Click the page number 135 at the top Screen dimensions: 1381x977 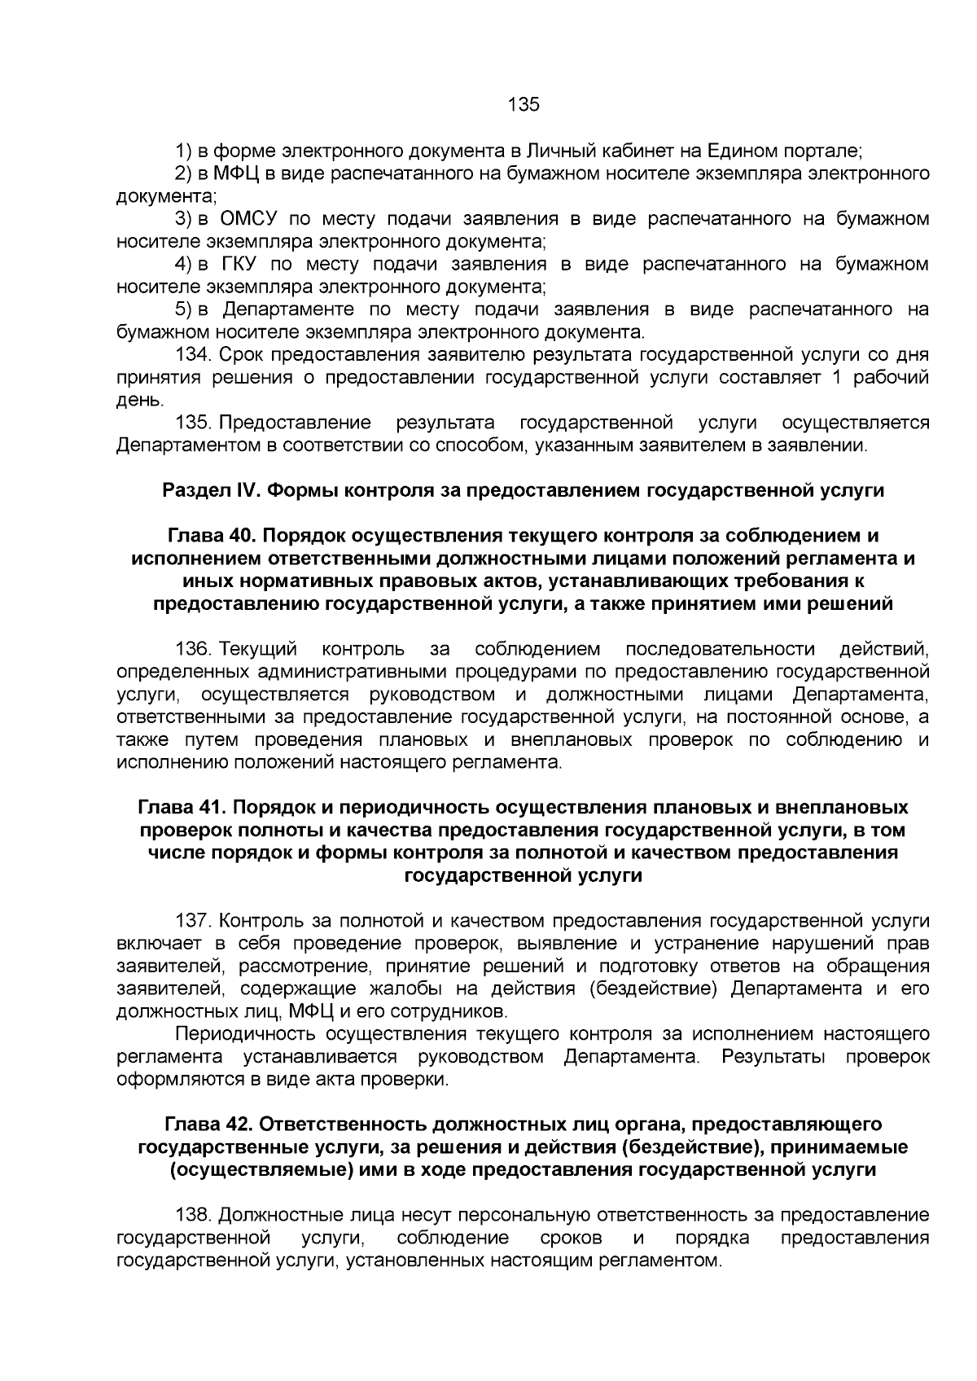coord(524,104)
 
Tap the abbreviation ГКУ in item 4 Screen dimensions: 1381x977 coord(240,265)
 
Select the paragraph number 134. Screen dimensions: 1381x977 coord(194,356)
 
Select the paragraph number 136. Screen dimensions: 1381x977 coord(194,649)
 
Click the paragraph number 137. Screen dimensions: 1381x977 coord(194,921)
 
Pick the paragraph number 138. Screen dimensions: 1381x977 coord(194,1216)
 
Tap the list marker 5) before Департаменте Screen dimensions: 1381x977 coord(183,310)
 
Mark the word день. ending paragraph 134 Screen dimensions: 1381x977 coord(141,401)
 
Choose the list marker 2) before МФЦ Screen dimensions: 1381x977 coord(183,173)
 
